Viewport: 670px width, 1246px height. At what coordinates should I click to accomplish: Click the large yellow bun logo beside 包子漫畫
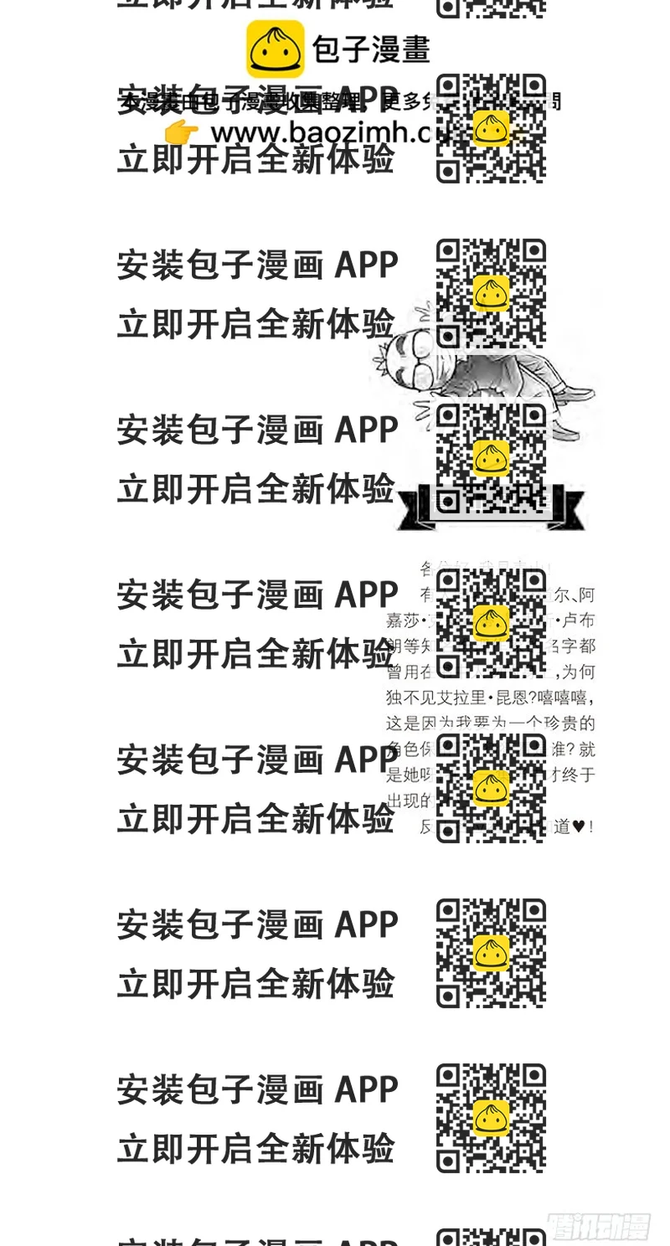275,49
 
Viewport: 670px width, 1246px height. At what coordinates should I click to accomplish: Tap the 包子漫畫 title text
371,49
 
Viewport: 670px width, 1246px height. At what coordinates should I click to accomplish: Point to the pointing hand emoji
181,131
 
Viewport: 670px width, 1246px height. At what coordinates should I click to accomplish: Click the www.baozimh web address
318,132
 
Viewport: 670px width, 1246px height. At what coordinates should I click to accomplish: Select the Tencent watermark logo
600,1228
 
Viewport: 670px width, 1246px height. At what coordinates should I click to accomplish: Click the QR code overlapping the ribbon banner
491,459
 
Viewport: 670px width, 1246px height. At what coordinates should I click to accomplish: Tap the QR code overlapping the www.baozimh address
491,128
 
